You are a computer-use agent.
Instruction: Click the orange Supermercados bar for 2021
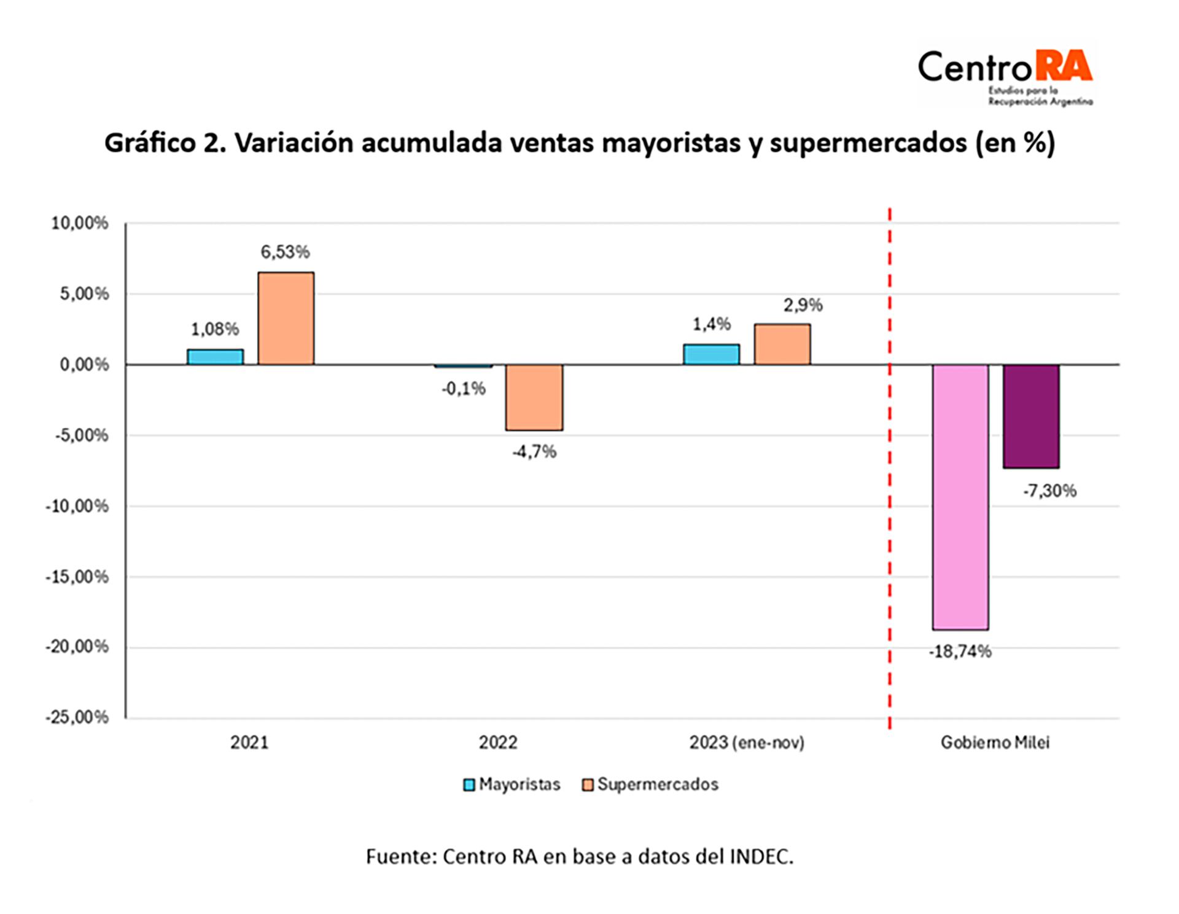click(x=286, y=318)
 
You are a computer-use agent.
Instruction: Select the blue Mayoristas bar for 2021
click(x=215, y=357)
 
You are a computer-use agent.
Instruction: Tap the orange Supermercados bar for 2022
click(x=534, y=397)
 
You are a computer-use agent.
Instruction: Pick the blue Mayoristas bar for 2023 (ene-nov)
click(x=711, y=354)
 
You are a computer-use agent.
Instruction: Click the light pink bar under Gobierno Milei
click(x=960, y=497)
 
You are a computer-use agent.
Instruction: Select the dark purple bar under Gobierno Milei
click(x=1031, y=416)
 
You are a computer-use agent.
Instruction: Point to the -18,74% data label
click(x=960, y=652)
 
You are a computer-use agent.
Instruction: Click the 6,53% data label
click(x=285, y=252)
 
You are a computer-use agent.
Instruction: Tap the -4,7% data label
click(x=534, y=452)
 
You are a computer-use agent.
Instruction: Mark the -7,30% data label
click(x=1049, y=491)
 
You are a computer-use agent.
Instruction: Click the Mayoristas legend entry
click(x=512, y=784)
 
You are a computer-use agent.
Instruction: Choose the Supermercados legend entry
click(x=650, y=784)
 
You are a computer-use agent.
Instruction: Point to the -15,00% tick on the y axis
click(x=77, y=577)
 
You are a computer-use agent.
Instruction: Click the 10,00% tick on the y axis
click(x=80, y=223)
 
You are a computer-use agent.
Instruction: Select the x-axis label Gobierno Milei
click(x=995, y=743)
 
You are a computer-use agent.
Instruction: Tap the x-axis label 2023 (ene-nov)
click(x=747, y=743)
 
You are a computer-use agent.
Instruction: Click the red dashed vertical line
click(x=889, y=553)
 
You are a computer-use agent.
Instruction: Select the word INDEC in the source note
click(x=760, y=857)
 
